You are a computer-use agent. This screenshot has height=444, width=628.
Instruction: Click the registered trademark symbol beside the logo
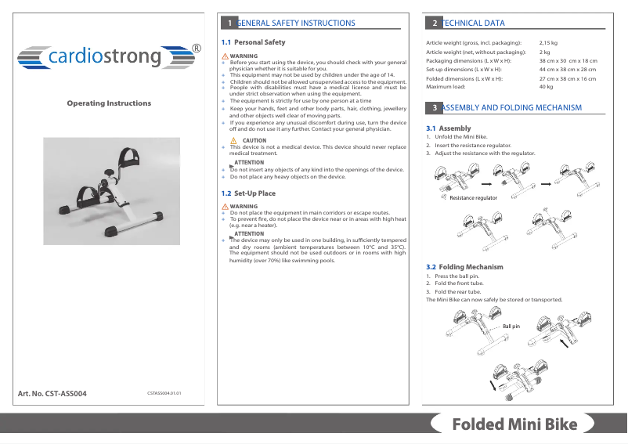click(x=196, y=49)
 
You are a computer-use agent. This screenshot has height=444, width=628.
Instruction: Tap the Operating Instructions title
click(x=109, y=103)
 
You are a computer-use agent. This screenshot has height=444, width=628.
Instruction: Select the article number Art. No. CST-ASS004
click(x=52, y=393)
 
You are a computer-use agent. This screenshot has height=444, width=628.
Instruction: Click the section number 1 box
click(x=228, y=23)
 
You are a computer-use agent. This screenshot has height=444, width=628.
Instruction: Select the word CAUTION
click(x=254, y=140)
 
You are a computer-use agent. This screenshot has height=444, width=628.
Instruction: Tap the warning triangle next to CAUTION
click(x=234, y=140)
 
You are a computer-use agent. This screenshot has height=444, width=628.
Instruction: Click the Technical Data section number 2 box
click(x=433, y=23)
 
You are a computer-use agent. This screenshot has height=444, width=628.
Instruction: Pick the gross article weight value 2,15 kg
click(x=548, y=42)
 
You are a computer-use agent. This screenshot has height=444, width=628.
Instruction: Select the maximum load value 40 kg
click(x=546, y=87)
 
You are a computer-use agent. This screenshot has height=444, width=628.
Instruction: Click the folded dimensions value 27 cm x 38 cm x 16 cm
click(x=568, y=78)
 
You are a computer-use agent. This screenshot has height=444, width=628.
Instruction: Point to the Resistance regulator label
click(x=474, y=198)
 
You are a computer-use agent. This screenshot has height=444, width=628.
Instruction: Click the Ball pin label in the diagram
click(x=511, y=326)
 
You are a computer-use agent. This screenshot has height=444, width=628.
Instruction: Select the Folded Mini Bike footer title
click(x=514, y=425)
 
